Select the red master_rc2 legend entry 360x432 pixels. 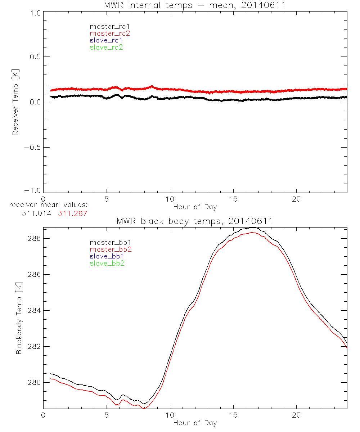pos(110,33)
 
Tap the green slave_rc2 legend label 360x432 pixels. pos(106,47)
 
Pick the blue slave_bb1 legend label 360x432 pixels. pos(106,256)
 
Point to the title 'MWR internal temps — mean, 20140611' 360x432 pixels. pos(195,5)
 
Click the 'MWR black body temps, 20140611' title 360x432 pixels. pos(195,221)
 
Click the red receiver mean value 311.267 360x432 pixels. pos(72,213)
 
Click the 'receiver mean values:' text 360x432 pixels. pos(48,205)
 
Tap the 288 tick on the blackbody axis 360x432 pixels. pos(35,238)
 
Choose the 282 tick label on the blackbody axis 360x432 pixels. pos(35,346)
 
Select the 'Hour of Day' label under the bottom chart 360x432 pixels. pos(195,423)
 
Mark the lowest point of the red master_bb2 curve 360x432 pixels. pos(144,408)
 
